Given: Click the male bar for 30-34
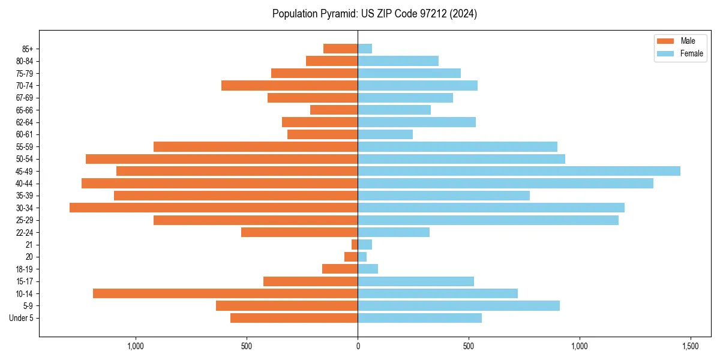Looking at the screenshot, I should [x=214, y=208].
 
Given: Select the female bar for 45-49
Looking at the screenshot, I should [x=519, y=171].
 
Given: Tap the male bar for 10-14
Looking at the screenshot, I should [x=225, y=293].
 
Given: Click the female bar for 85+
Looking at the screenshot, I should [x=365, y=49].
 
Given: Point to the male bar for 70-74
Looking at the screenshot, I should [x=289, y=85].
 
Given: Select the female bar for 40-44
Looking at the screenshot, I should [x=505, y=183].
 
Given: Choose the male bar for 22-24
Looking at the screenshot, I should [x=299, y=232].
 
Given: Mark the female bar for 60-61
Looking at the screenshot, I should [x=385, y=134].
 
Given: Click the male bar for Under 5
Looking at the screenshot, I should [x=294, y=318].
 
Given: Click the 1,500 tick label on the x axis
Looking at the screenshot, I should [x=691, y=346].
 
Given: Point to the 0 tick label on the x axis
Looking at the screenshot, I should [x=358, y=346].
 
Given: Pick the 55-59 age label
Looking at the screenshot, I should [x=25, y=146].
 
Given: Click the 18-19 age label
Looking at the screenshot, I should [x=25, y=269].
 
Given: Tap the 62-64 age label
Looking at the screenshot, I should [x=25, y=122].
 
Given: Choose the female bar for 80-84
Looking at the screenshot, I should [x=398, y=61].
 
